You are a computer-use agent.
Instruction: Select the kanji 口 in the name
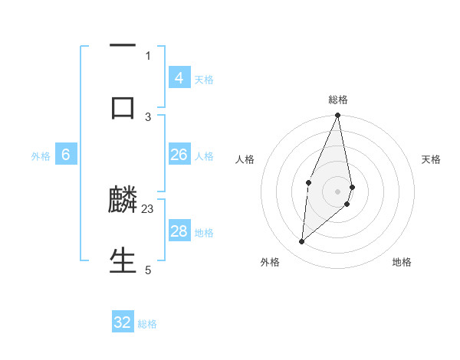[123, 106]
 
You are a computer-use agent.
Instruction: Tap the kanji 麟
[123, 200]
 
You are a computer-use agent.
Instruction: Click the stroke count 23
[148, 208]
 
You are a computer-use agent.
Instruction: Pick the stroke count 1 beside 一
[148, 55]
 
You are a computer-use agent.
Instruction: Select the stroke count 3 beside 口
[148, 116]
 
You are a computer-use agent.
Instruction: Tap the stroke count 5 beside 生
[148, 270]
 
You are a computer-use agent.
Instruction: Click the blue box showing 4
[179, 77]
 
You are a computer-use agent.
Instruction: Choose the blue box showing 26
[179, 155]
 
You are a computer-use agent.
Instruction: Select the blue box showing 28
[179, 231]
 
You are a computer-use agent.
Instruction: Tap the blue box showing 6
[66, 155]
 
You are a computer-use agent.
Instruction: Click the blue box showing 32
[123, 322]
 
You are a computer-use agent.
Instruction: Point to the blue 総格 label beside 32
[147, 324]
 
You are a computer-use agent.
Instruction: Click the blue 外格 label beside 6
[41, 156]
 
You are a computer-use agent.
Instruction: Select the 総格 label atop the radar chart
[338, 100]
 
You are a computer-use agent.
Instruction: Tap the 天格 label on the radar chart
[431, 159]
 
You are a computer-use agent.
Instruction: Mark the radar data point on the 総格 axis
[337, 116]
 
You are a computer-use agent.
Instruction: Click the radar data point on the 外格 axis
[302, 242]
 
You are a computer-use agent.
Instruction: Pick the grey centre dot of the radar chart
[337, 191]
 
